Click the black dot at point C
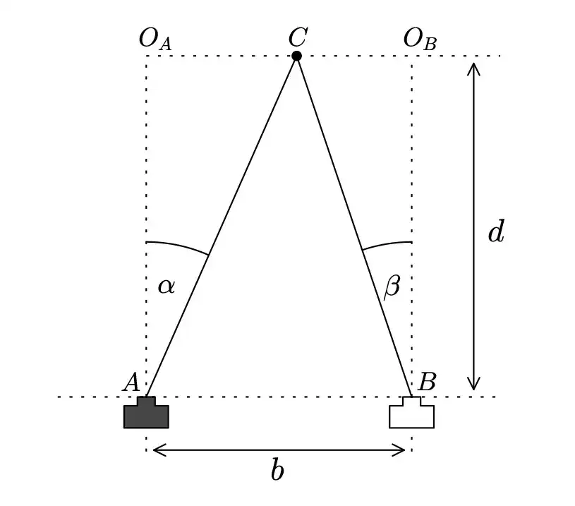[297, 56]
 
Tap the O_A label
[155, 40]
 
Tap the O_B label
[420, 40]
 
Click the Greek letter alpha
[167, 286]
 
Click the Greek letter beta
[392, 287]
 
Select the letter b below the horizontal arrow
[278, 471]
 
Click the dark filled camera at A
[147, 414]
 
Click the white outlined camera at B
[411, 414]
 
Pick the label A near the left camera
[130, 382]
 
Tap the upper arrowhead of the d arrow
[474, 67]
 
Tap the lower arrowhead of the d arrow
[474, 385]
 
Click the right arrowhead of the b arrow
[401, 449]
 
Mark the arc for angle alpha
[180, 246]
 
